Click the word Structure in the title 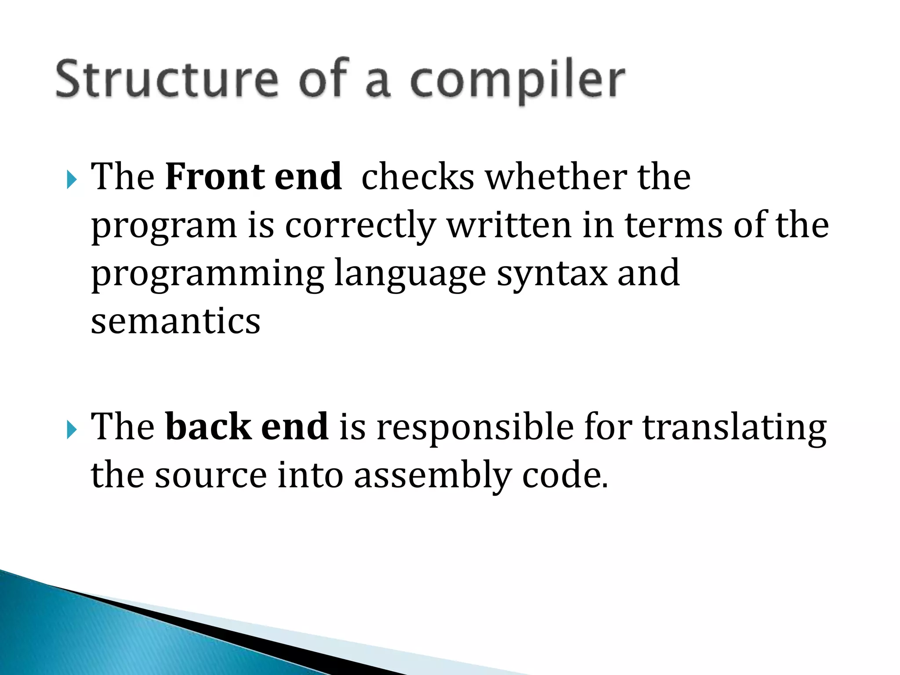point(167,79)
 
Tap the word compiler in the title point(517,81)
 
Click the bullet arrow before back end point(72,429)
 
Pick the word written point(509,225)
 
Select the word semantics point(175,321)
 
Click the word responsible point(475,427)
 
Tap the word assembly point(432,476)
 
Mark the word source point(210,476)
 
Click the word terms point(674,225)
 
